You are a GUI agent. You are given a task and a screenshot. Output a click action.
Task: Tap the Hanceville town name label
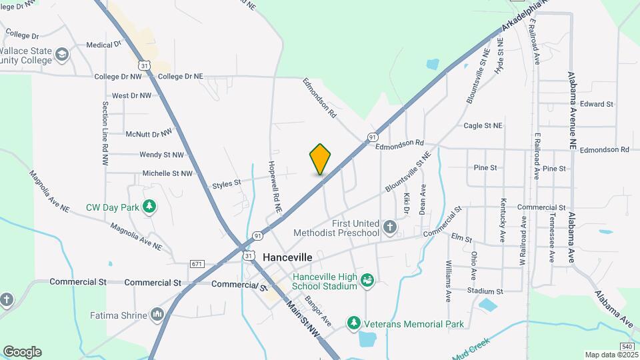[287, 256]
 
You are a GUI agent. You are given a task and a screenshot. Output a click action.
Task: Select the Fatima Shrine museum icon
[157, 313]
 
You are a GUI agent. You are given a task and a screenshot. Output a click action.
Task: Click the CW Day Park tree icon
[150, 207]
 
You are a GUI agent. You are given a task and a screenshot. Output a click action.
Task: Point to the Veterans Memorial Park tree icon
[353, 323]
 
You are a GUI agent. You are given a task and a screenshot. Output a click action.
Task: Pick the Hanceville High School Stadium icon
[367, 281]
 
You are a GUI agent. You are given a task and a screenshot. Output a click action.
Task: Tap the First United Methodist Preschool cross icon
[390, 229]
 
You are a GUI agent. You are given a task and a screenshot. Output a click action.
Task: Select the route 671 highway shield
[196, 265]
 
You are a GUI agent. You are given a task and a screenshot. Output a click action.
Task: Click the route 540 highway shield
[626, 347]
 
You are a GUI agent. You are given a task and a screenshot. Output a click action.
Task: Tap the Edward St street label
[596, 104]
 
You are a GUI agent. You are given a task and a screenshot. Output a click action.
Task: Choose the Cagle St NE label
[483, 125]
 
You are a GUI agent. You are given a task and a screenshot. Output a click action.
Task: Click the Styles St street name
[226, 184]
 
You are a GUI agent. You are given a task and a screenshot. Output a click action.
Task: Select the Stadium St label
[485, 291]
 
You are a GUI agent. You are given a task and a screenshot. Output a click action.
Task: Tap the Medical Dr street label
[103, 45]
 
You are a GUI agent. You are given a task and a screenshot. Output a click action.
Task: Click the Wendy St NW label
[161, 155]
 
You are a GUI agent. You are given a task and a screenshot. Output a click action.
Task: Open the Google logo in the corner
[22, 352]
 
